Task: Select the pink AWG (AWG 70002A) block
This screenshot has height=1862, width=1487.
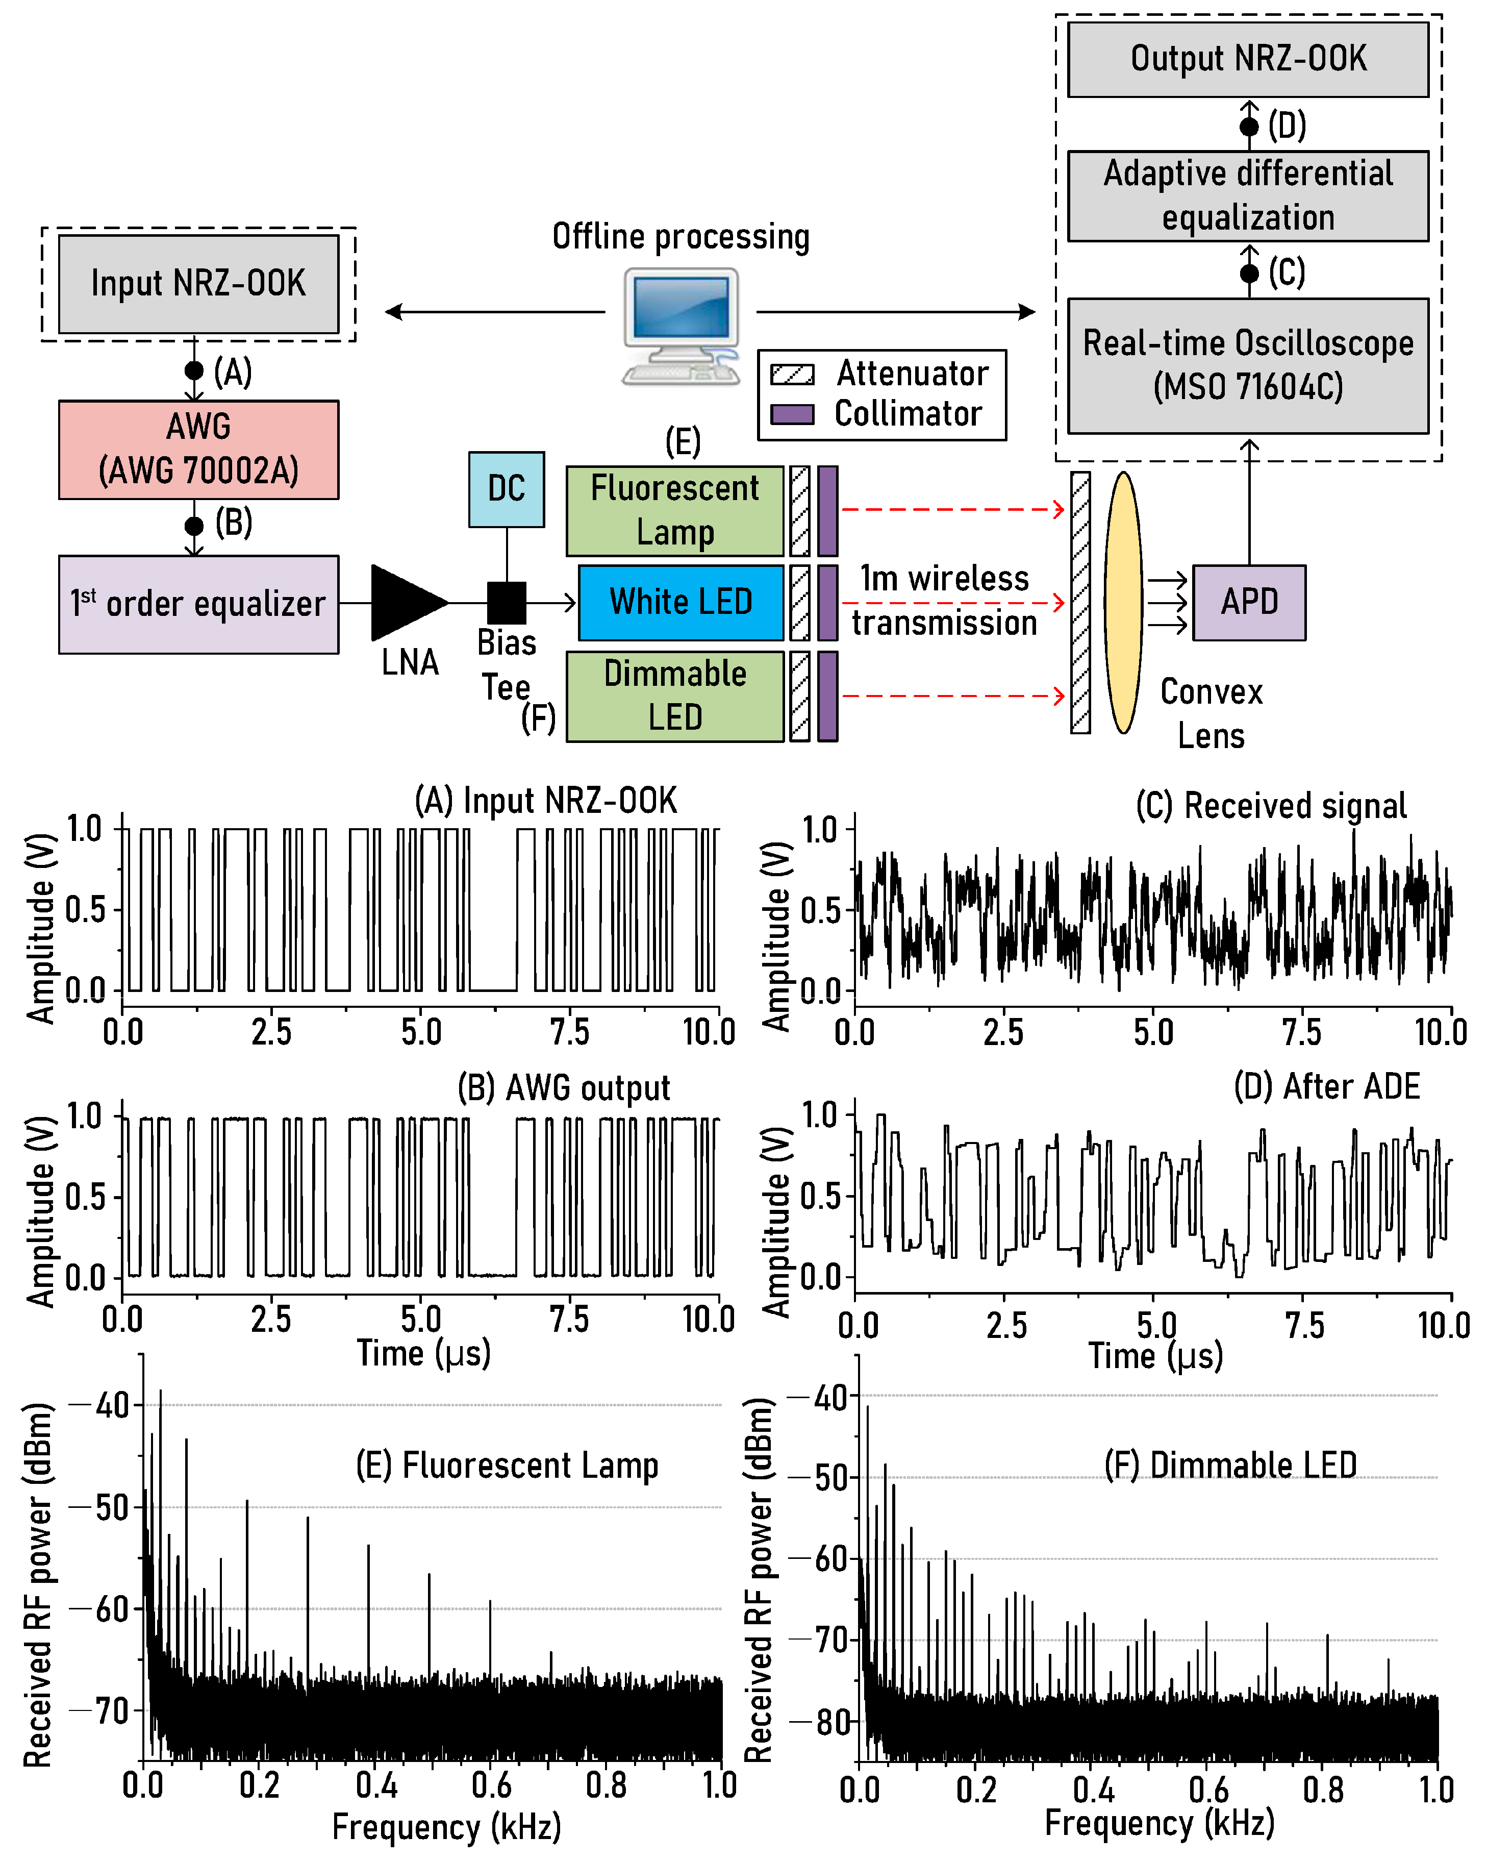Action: [198, 449]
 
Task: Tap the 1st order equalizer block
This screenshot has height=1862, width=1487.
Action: [198, 604]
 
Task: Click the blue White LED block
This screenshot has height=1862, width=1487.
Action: [681, 602]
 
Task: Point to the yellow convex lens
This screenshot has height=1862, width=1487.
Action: [1123, 602]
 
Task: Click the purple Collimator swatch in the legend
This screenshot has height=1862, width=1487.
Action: [792, 414]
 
